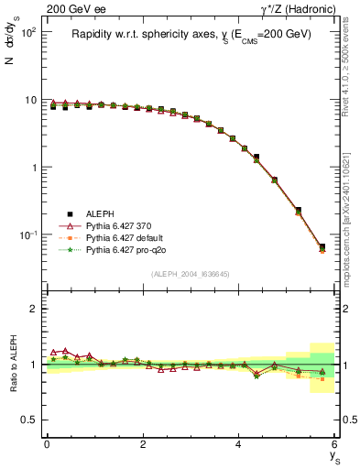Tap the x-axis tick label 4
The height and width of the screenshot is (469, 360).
click(239, 444)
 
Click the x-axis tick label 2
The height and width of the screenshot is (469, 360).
click(143, 444)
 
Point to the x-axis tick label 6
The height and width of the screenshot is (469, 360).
click(335, 444)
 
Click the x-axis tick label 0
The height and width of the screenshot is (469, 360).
click(47, 444)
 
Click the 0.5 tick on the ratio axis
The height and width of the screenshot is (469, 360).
click(29, 420)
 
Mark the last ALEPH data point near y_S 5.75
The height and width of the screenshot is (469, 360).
click(322, 246)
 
